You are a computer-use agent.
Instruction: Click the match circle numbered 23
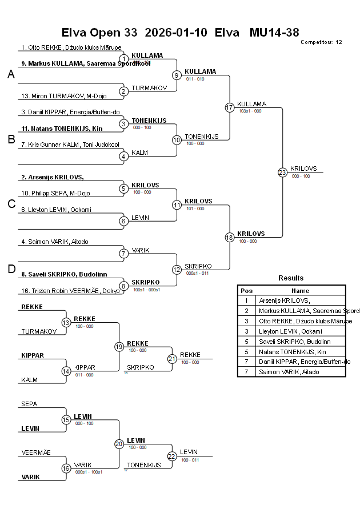(282, 172)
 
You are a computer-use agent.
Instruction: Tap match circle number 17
(230, 107)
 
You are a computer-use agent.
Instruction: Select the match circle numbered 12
(177, 270)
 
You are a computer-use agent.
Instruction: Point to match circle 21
(172, 359)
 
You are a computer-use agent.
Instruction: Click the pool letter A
(11, 74)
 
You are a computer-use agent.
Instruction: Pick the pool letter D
(11, 269)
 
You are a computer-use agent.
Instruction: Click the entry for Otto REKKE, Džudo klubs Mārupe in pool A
(71, 47)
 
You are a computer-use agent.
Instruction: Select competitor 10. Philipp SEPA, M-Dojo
(55, 193)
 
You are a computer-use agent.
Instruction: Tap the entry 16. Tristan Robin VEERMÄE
(70, 291)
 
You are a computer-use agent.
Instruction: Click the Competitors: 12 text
(321, 42)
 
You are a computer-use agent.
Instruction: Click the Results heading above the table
(291, 278)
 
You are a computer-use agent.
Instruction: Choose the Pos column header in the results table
(246, 290)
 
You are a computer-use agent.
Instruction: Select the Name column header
(300, 290)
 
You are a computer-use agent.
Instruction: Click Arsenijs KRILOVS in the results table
(284, 300)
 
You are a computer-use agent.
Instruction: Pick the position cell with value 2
(246, 310)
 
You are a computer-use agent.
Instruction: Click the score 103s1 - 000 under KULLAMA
(250, 111)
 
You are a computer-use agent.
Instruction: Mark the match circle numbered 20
(119, 444)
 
